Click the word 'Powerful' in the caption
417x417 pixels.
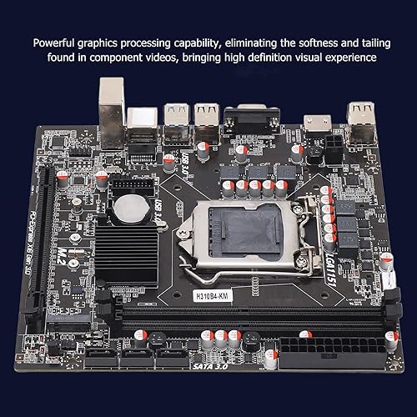(x=58, y=41)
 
